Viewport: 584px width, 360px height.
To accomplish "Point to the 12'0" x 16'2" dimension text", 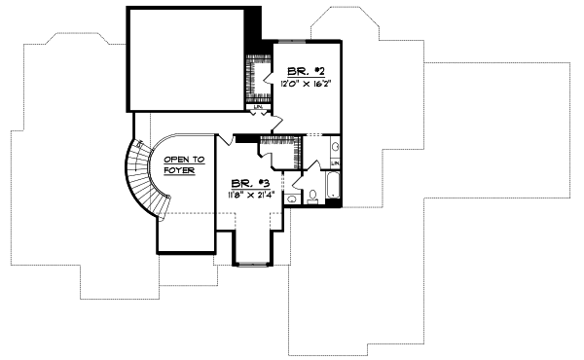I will (303, 85).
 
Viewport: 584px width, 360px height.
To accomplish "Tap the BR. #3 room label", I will (244, 183).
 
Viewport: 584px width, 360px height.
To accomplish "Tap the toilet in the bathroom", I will (312, 198).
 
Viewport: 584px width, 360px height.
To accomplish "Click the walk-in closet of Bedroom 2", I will (258, 78).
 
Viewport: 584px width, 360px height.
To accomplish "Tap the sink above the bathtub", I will (335, 147).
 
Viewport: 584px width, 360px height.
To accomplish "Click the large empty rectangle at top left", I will (185, 59).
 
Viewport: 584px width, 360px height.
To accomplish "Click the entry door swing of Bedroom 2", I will (275, 122).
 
